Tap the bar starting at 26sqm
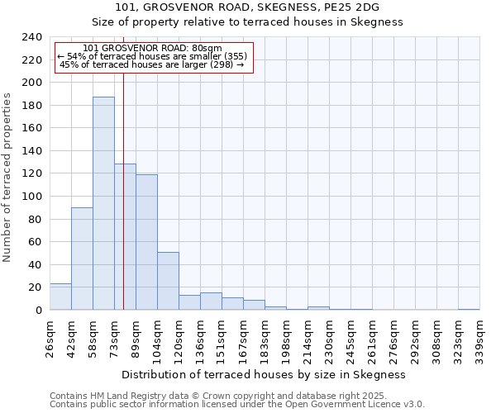click(x=60, y=297)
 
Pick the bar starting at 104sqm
click(x=168, y=281)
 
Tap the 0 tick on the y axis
click(x=38, y=311)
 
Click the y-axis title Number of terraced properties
click(x=8, y=177)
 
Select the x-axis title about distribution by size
click(x=269, y=374)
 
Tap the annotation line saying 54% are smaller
click(x=152, y=56)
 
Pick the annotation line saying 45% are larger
click(x=152, y=64)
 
